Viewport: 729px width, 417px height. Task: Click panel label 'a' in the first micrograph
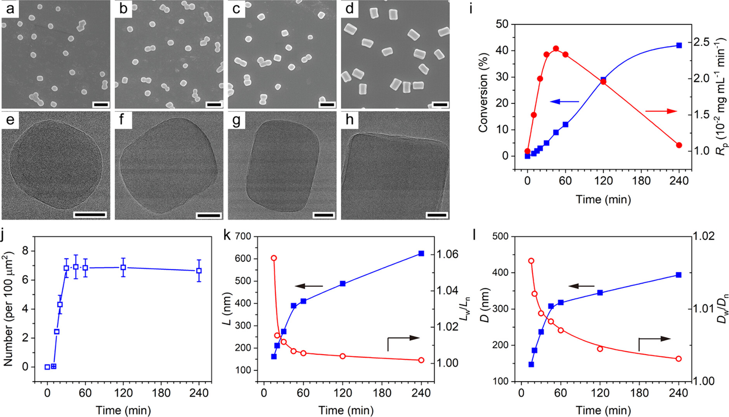click(9, 9)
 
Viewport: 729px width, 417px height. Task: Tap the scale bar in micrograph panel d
click(440, 104)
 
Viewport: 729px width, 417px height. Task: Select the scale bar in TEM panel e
click(90, 215)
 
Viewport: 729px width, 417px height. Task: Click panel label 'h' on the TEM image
click(350, 120)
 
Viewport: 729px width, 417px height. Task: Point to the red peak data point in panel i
click(556, 48)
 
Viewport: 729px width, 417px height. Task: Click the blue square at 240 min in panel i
click(679, 45)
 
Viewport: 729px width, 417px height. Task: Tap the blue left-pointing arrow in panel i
click(564, 102)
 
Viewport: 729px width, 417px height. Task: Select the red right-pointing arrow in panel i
click(661, 111)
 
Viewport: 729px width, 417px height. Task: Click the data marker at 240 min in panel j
click(199, 271)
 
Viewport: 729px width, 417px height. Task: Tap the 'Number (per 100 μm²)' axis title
click(9, 309)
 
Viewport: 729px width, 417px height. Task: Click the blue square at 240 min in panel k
click(421, 253)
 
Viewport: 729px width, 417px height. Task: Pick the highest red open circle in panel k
click(274, 258)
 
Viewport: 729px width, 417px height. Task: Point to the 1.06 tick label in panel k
click(448, 254)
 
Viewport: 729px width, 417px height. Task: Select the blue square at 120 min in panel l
click(600, 292)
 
